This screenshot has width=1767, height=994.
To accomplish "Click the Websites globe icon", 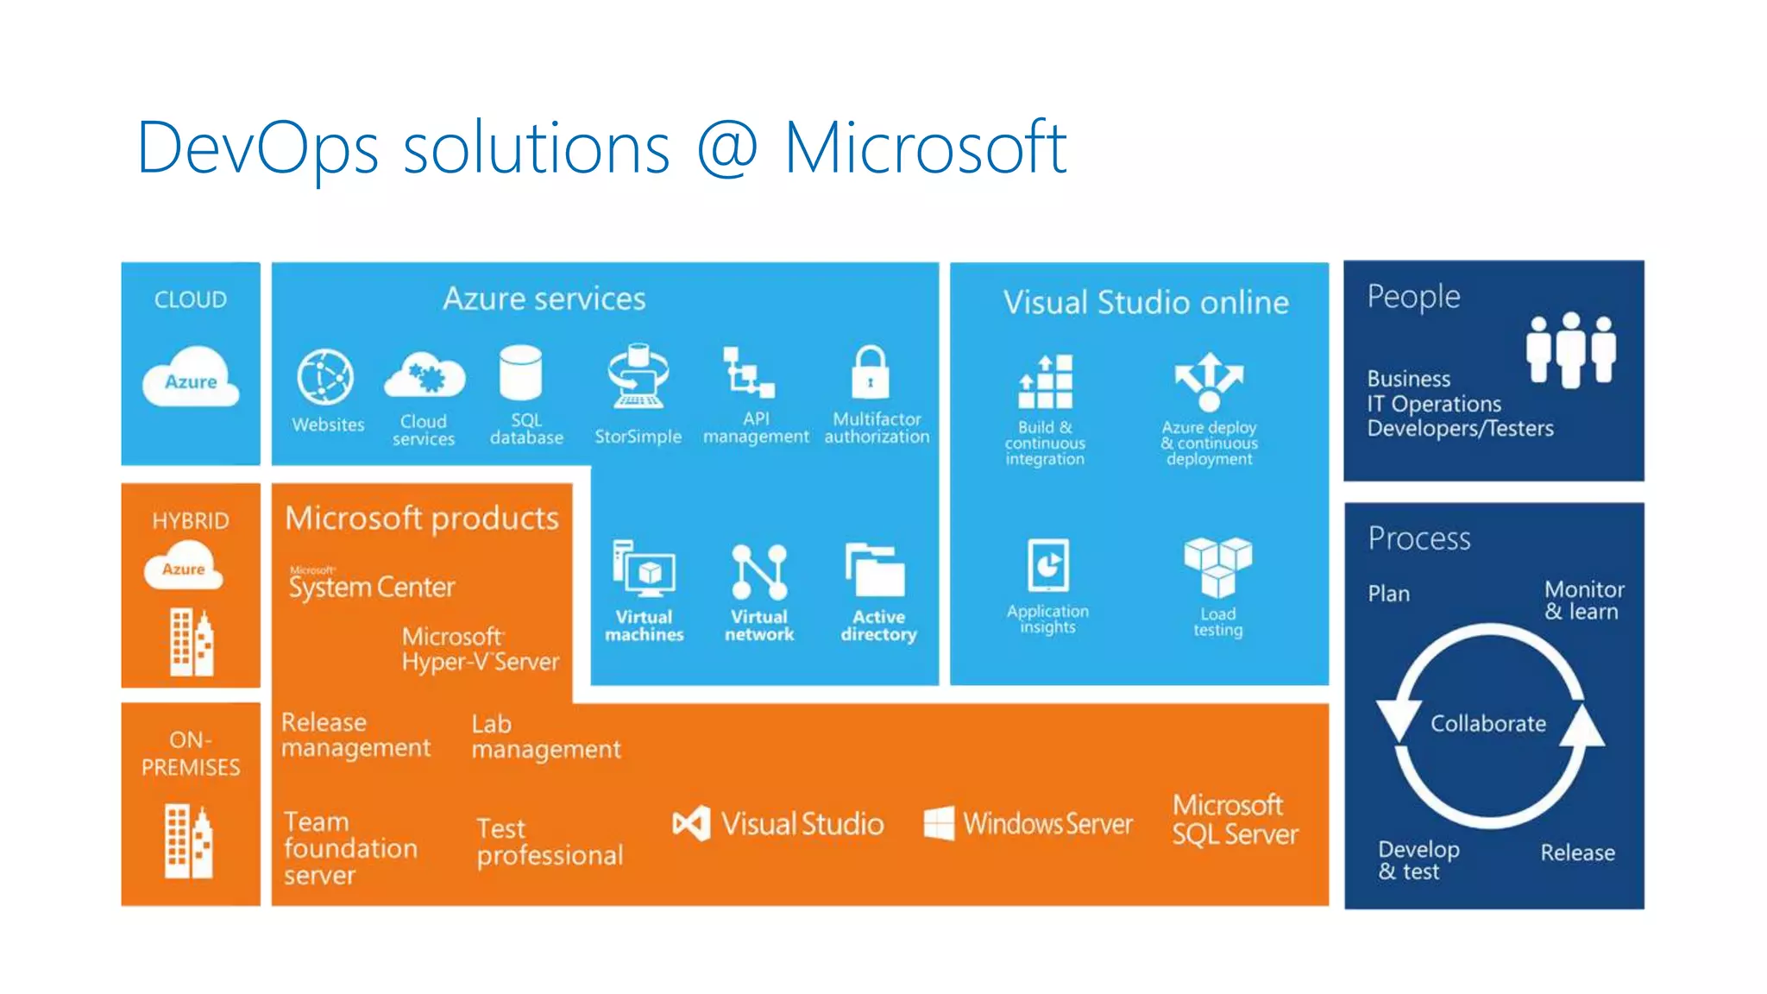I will click(325, 377).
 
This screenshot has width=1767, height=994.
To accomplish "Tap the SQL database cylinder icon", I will click(520, 373).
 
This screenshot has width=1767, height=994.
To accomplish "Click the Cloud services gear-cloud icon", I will click(424, 375).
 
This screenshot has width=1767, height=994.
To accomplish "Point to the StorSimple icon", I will click(638, 376).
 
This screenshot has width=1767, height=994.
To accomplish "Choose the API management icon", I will click(747, 372).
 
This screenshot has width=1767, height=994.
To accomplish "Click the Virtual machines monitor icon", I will click(644, 569).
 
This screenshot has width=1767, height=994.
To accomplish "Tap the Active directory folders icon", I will click(876, 570).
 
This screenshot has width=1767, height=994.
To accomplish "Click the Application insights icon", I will click(1048, 566).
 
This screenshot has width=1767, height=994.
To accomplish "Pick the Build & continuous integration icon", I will click(1046, 381).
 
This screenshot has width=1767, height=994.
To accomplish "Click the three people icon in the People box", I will click(1570, 349).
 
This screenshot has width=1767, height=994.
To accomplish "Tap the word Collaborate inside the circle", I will click(1488, 723).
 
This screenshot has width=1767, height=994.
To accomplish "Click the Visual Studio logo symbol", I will click(692, 823).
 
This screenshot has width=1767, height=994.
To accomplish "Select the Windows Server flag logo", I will click(939, 823).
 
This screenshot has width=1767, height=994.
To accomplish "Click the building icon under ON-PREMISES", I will click(189, 841).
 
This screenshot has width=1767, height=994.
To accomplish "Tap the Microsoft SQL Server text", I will click(1235, 819).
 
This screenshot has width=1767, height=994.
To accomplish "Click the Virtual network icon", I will click(759, 571).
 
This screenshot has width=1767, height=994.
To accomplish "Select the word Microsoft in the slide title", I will click(925, 148).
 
